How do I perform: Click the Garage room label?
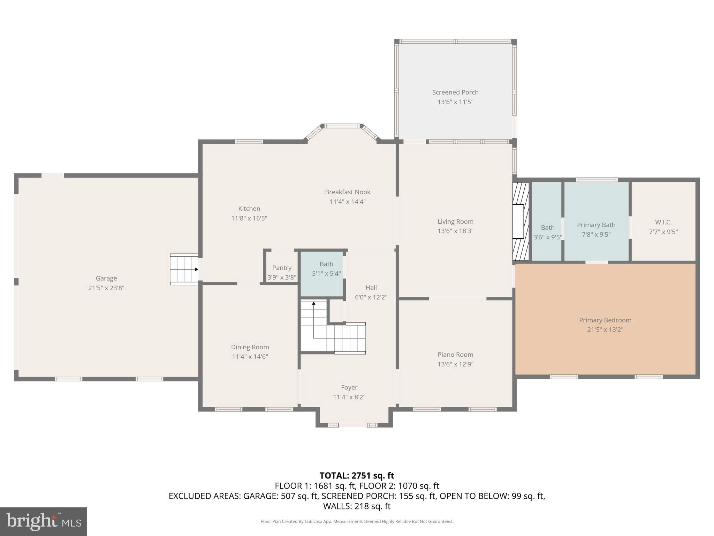(x=106, y=278)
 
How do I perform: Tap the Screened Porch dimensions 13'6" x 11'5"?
(x=455, y=102)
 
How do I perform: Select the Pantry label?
(x=282, y=268)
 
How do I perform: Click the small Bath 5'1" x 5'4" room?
(x=322, y=274)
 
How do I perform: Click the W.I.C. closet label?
(x=663, y=222)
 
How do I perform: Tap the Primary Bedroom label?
(x=605, y=320)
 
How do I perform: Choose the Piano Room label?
(x=455, y=355)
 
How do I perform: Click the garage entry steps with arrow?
(x=184, y=269)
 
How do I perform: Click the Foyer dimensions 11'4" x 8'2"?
(x=349, y=397)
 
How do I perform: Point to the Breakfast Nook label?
(x=347, y=192)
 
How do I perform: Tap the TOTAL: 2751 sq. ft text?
(x=357, y=476)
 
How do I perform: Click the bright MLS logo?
(x=44, y=521)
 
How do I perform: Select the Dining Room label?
(x=250, y=347)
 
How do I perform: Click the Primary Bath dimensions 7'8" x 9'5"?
(x=596, y=234)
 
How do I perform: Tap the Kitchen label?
(x=249, y=209)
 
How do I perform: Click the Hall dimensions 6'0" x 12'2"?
(x=371, y=297)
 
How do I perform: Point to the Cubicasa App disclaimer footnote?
(x=357, y=521)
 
